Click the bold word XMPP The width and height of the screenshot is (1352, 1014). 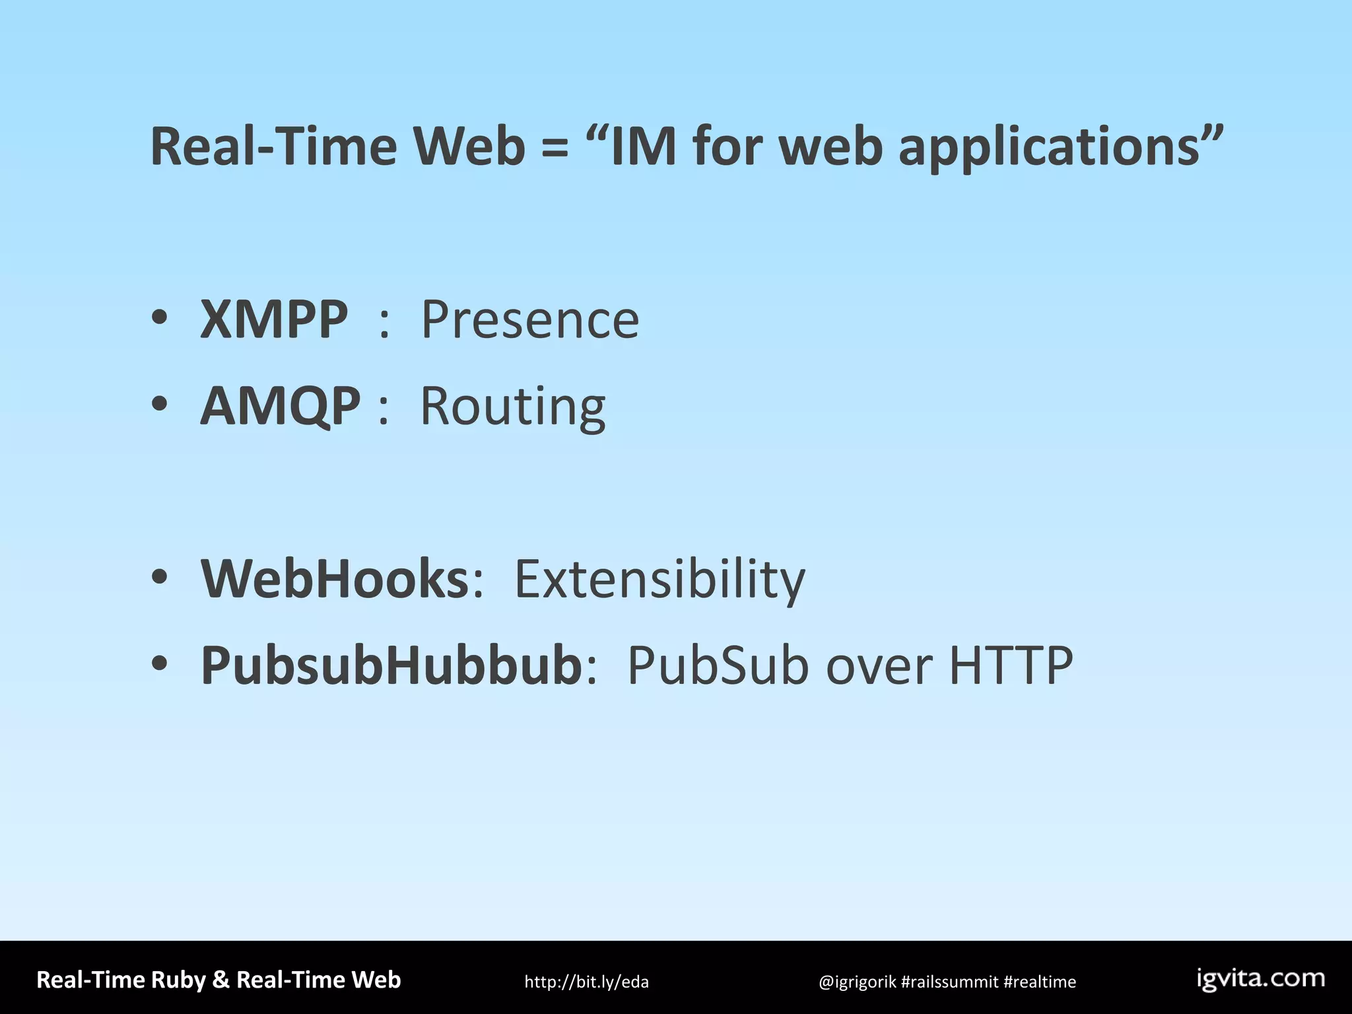273,320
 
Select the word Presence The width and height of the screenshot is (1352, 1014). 530,320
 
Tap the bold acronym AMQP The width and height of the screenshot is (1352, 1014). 281,405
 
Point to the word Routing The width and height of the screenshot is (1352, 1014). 513,407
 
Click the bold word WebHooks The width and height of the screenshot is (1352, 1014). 335,579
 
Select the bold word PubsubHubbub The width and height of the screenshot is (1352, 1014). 391,665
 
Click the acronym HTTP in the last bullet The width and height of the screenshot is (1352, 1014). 1011,665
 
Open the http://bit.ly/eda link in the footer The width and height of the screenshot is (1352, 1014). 586,982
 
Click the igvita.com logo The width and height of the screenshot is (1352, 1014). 1261,978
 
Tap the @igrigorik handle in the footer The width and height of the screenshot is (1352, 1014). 857,982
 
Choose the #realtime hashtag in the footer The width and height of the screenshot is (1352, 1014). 1040,982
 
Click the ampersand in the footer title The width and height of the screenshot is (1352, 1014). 220,980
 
